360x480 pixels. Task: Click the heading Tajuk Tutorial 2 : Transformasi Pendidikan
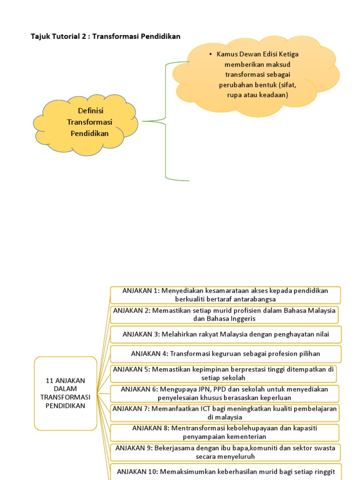105,36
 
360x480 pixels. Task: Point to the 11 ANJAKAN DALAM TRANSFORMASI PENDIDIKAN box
66,393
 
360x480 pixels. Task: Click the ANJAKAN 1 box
225,295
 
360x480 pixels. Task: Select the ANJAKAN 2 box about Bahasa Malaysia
225,315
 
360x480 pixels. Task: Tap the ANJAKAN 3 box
225,334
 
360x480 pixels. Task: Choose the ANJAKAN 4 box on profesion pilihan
225,353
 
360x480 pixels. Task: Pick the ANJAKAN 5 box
224,374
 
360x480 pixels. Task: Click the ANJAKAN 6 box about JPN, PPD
224,393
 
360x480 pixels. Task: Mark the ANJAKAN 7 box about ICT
225,412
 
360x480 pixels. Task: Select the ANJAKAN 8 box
225,432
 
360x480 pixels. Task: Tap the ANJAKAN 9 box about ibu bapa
225,452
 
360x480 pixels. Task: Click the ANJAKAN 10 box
225,471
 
